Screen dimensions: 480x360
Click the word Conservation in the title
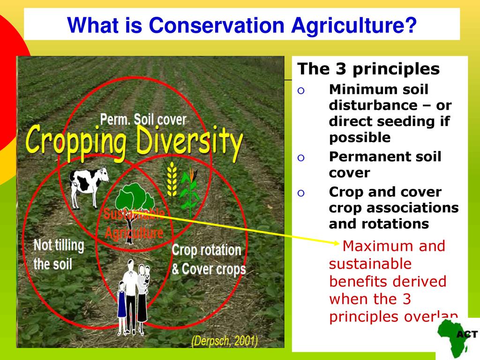point(217,25)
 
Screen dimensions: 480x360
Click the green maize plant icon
point(190,192)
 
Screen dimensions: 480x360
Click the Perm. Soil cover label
point(143,120)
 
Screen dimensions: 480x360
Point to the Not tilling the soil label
point(59,255)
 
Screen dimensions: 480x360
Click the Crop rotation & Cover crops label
point(209,260)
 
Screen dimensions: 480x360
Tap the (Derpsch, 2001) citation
point(225,341)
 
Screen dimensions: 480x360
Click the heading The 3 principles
point(368,69)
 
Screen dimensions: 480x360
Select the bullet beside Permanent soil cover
point(301,157)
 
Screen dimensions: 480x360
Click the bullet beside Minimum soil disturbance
point(301,90)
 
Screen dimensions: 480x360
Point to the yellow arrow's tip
point(339,243)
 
